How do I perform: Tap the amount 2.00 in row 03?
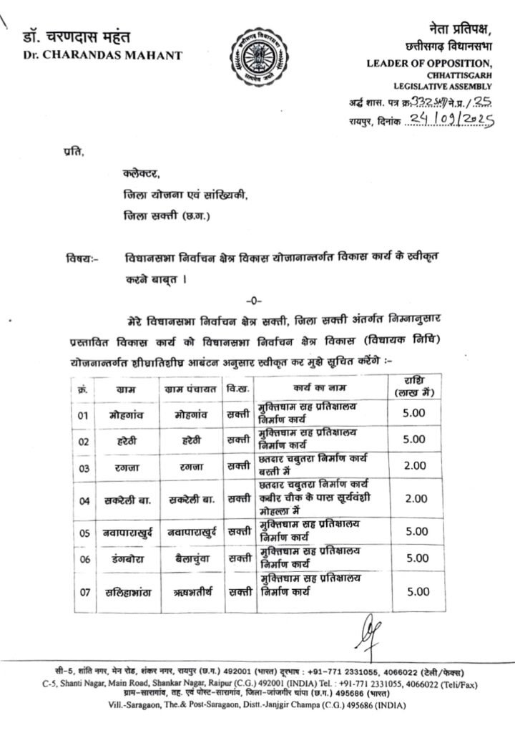(x=415, y=467)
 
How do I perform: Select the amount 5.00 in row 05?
(x=415, y=532)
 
